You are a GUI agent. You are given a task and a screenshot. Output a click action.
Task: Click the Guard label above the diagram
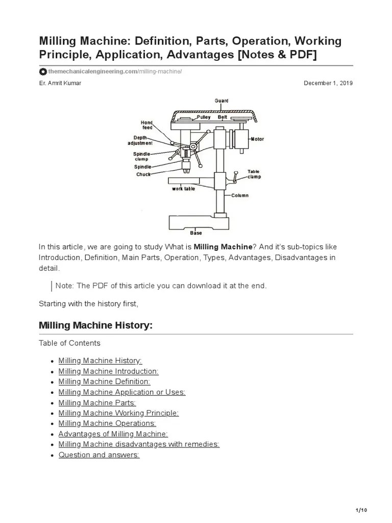click(222, 101)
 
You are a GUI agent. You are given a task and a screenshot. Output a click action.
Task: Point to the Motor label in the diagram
click(257, 139)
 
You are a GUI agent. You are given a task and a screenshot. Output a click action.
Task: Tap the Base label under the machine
click(196, 233)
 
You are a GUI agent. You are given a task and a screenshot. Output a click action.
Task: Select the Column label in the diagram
click(239, 195)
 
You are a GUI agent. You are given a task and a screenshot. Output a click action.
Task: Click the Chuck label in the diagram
click(143, 174)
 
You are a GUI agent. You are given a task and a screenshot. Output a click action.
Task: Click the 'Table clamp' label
click(254, 174)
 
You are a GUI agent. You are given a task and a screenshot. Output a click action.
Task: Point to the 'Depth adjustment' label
click(140, 140)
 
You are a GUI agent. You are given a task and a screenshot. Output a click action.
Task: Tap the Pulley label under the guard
click(203, 117)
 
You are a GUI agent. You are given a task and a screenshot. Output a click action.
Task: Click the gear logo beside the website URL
click(43, 72)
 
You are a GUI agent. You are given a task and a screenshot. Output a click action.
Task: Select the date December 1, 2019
click(328, 83)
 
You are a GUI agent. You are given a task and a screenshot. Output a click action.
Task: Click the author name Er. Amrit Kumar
click(60, 83)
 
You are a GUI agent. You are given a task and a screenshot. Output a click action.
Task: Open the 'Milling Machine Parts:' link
click(97, 402)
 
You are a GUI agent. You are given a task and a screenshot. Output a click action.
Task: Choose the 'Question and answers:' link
click(99, 455)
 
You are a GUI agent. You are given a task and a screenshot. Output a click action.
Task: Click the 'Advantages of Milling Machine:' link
click(113, 434)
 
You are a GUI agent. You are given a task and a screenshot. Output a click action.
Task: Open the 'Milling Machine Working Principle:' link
click(118, 413)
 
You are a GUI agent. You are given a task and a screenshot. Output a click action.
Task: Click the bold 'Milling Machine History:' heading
click(96, 325)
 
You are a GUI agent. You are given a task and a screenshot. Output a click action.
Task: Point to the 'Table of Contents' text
click(70, 343)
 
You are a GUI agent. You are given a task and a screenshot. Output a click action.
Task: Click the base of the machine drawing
click(196, 222)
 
